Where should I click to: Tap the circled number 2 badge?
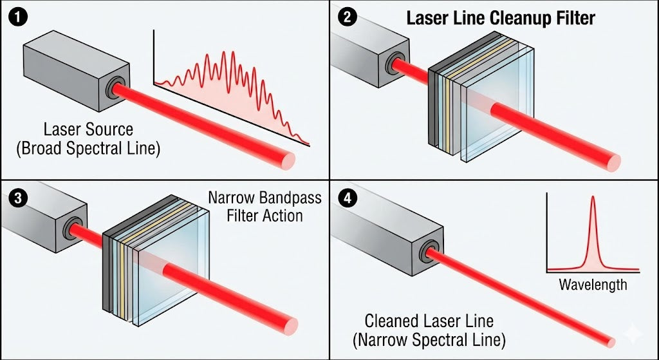coord(348,17)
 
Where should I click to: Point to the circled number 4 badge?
coord(348,198)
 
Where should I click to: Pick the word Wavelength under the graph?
coord(592,284)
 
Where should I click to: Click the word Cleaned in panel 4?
coord(398,320)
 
